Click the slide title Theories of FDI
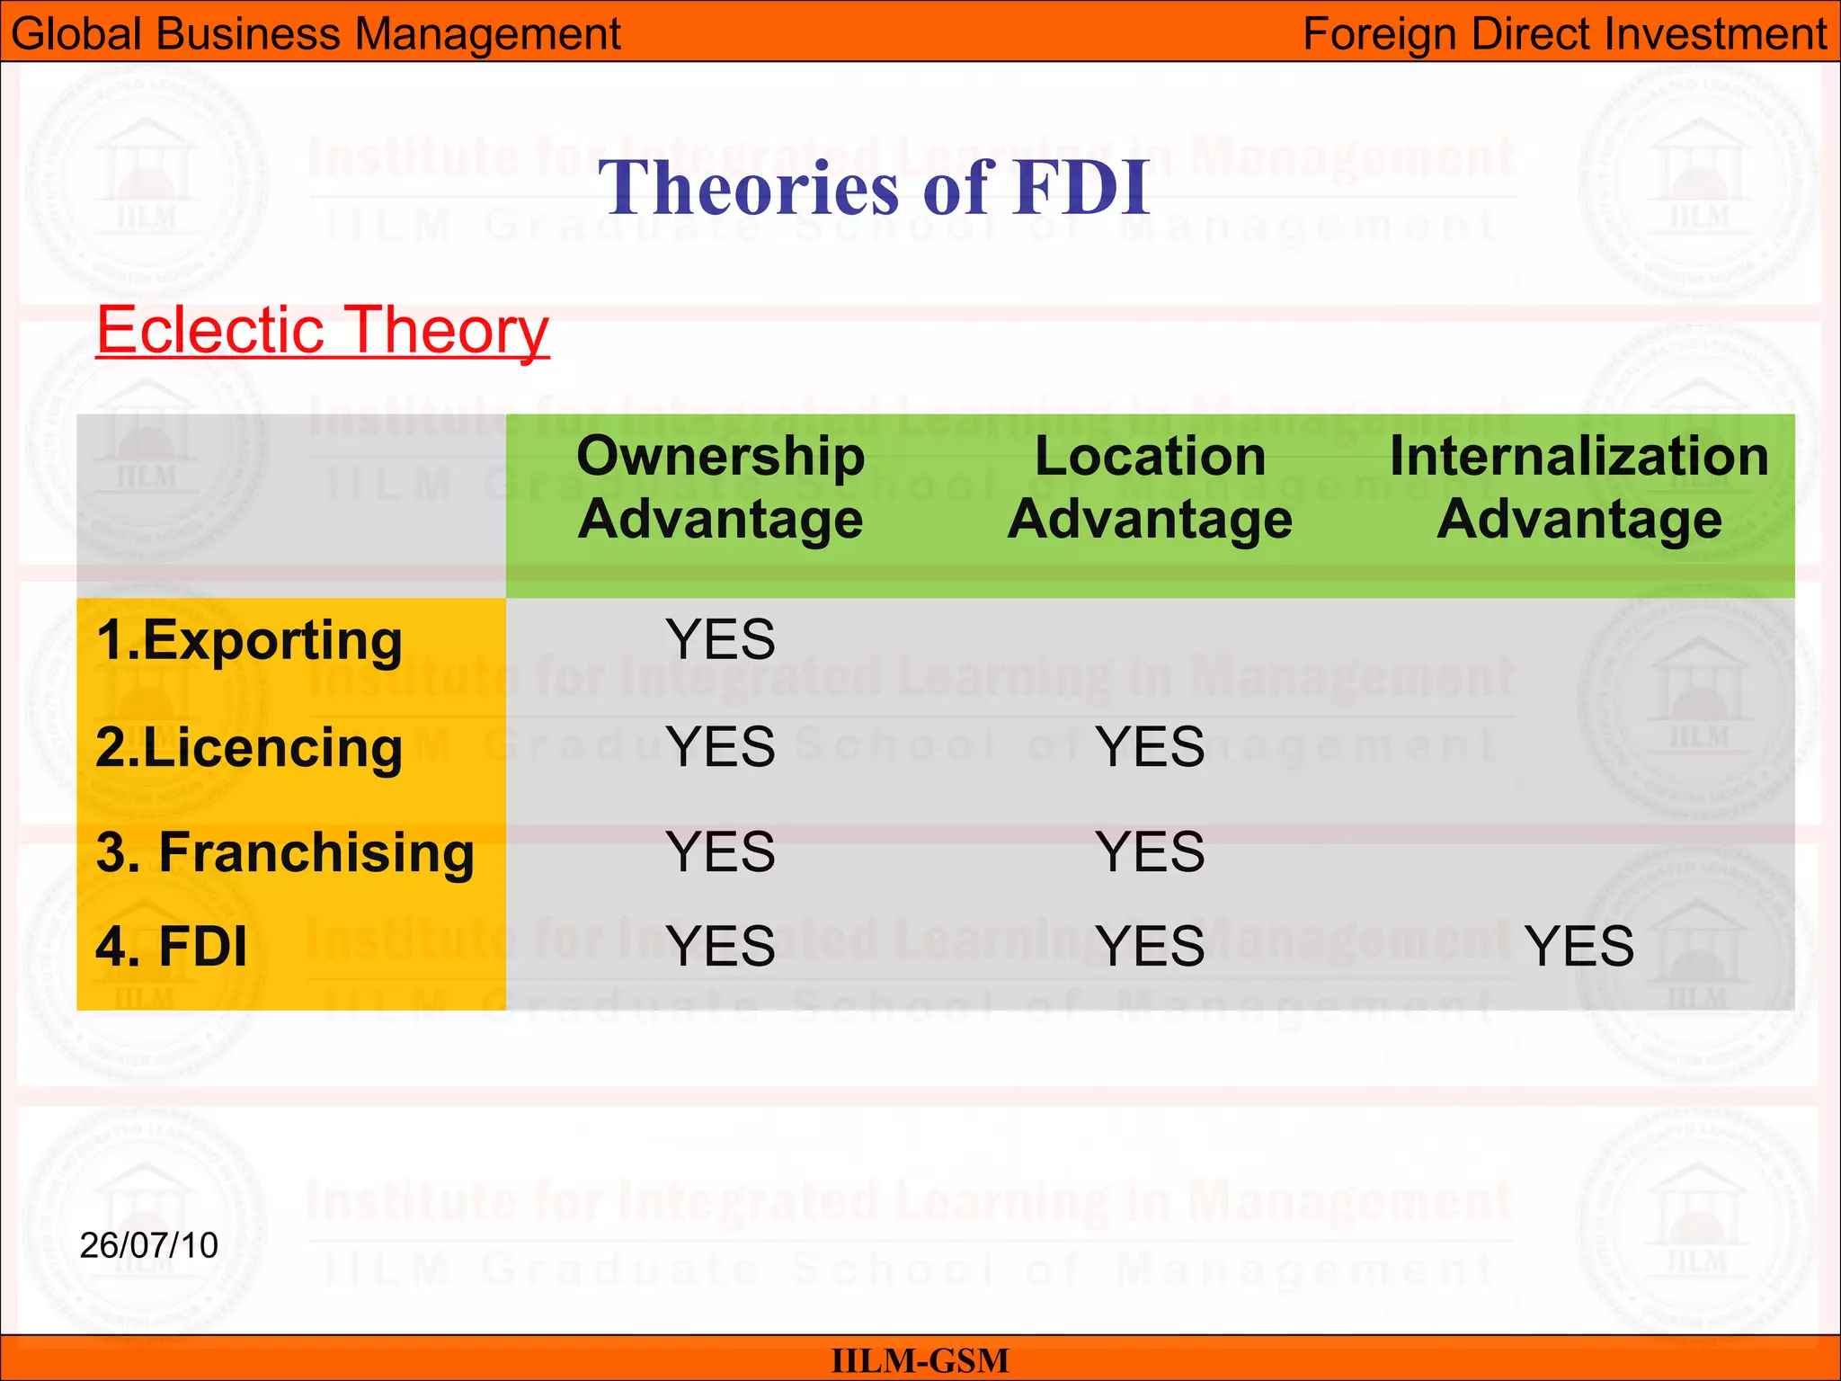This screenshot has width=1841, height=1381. click(x=874, y=188)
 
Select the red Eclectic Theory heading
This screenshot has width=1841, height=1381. click(x=322, y=330)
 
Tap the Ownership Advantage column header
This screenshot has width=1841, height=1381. click(x=720, y=488)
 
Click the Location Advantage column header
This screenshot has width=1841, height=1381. click(x=1150, y=488)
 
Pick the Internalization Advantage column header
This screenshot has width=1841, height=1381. click(x=1579, y=488)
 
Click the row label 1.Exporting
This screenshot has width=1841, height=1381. click(x=249, y=641)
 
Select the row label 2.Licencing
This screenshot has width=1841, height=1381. click(x=249, y=748)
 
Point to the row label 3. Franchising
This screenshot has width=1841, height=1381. click(x=285, y=852)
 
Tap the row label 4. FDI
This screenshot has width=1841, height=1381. click(x=171, y=947)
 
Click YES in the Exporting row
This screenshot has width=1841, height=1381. click(x=720, y=640)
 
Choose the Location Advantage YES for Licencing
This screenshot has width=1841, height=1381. click(x=1150, y=747)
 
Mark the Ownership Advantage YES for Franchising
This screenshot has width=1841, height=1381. click(x=720, y=852)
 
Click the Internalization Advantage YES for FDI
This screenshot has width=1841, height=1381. click(x=1579, y=947)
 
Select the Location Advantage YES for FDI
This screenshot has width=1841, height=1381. click(x=1150, y=947)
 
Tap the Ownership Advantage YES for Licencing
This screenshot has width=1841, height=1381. click(x=720, y=747)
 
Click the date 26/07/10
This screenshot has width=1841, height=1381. click(x=149, y=1246)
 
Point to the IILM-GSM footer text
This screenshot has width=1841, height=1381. click(x=920, y=1360)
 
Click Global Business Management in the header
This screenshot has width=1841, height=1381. click(x=316, y=34)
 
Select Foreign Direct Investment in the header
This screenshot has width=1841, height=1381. click(x=1564, y=34)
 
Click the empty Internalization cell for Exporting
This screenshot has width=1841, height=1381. click(x=1579, y=640)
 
